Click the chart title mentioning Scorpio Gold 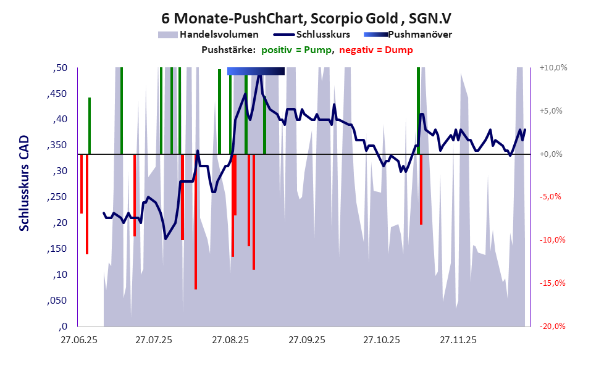[x=306, y=18]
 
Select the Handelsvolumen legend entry [x=207, y=35]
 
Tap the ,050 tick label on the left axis [x=57, y=301]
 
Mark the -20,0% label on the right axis [x=553, y=326]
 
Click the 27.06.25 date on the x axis [x=78, y=340]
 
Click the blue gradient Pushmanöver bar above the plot [x=256, y=71]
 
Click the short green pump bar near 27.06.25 [x=90, y=126]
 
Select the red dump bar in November [x=421, y=189]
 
